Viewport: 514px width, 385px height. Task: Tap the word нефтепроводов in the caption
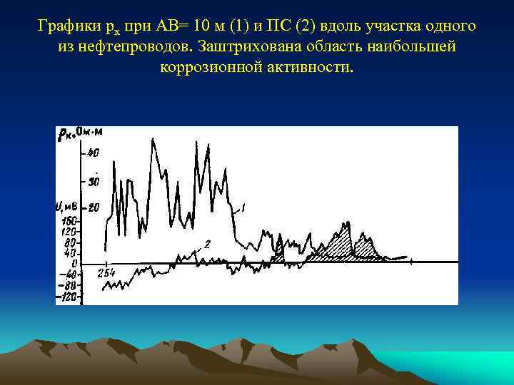[x=143, y=47]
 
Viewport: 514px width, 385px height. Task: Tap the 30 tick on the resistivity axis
[x=94, y=181]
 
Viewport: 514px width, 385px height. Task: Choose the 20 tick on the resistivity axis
[x=94, y=208]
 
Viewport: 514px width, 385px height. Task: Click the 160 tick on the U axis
[x=69, y=222]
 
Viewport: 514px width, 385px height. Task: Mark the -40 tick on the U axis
[x=68, y=274]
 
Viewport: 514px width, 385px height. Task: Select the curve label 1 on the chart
[x=243, y=207]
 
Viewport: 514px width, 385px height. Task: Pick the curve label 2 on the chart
[x=207, y=245]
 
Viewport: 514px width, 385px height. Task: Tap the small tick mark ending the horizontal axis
[x=412, y=262]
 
